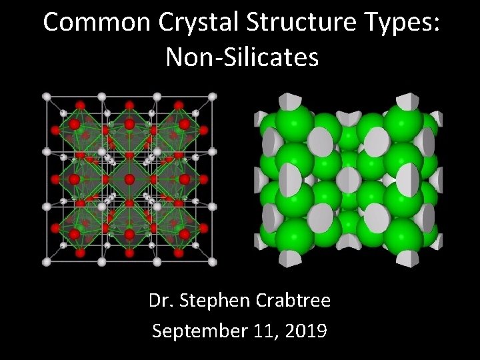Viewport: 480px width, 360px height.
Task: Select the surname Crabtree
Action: [x=294, y=301]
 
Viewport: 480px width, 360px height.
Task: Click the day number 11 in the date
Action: [x=265, y=331]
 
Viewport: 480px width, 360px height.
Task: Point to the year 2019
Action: [x=305, y=331]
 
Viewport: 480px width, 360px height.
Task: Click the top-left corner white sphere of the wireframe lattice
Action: [x=47, y=97]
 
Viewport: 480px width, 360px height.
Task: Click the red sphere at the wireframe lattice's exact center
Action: [x=127, y=179]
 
